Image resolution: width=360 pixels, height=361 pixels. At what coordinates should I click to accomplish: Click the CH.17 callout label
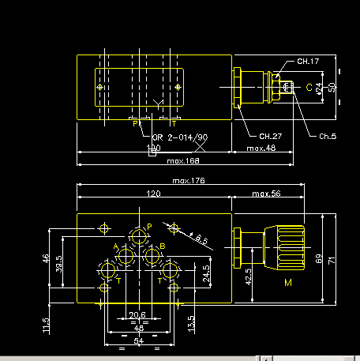click(x=308, y=61)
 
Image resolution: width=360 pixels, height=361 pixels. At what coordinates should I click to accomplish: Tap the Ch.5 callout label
click(x=327, y=137)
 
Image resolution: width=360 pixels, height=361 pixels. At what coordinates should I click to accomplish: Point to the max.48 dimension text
click(x=261, y=148)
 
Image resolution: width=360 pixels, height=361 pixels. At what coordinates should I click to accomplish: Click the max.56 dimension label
click(x=265, y=194)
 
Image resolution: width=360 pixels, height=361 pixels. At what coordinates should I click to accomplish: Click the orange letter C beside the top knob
click(x=309, y=88)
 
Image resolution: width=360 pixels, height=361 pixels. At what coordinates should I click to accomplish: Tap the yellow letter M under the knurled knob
click(x=287, y=282)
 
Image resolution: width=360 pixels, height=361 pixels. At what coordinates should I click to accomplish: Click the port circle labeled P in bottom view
click(x=141, y=236)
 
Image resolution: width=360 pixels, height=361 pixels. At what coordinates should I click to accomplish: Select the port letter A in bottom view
click(x=116, y=246)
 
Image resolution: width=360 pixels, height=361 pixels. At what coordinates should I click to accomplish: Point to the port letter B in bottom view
click(x=162, y=246)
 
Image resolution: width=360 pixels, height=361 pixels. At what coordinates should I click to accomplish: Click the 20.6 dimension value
click(x=137, y=316)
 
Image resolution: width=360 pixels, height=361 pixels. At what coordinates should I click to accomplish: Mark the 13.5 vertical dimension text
click(x=191, y=322)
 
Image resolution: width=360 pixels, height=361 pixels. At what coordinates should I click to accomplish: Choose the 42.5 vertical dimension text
click(x=249, y=278)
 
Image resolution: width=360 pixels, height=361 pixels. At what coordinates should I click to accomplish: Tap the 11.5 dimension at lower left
click(x=47, y=324)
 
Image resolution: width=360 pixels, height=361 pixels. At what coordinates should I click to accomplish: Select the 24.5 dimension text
click(x=206, y=273)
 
